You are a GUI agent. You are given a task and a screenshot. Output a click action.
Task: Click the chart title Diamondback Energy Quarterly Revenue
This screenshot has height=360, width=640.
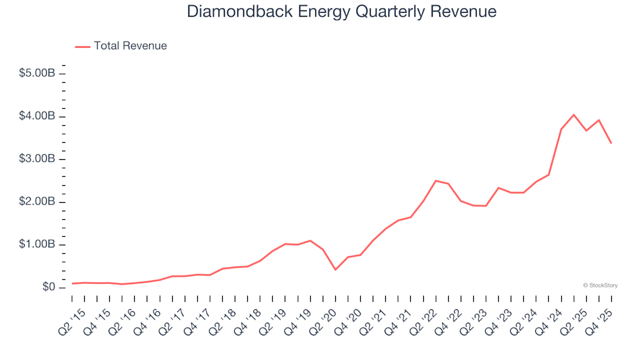click(x=341, y=12)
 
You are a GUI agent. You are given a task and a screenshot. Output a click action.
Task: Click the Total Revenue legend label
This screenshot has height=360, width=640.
click(x=130, y=46)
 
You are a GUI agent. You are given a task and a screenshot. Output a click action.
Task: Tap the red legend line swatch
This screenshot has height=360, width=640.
click(x=83, y=46)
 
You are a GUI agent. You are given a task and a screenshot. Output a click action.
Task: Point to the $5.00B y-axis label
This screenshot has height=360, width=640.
click(x=37, y=73)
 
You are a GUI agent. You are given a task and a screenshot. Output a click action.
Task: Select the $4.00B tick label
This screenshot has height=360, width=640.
click(x=37, y=117)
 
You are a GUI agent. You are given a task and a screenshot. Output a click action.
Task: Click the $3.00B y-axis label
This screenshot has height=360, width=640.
click(x=37, y=159)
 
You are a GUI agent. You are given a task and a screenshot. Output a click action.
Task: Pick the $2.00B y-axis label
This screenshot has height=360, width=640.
click(x=37, y=202)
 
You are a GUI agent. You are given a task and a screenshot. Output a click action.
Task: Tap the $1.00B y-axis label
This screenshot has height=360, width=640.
click(x=37, y=245)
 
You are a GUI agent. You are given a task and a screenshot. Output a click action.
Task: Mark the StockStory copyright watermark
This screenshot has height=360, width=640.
click(x=600, y=285)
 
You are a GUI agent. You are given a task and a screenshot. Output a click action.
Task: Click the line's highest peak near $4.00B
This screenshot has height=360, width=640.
click(x=573, y=115)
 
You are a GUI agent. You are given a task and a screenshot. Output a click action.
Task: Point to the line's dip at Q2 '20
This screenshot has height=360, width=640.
click(x=335, y=269)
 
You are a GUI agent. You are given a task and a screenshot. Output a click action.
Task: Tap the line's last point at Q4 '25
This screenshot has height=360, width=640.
click(x=611, y=143)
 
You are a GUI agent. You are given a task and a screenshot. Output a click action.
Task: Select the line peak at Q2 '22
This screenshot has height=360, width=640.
click(x=435, y=181)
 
